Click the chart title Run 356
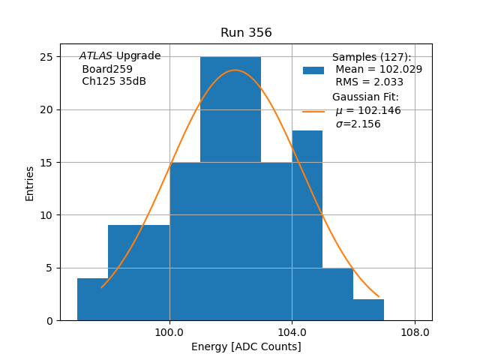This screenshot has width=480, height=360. tap(246, 33)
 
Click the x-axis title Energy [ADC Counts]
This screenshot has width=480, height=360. tap(246, 346)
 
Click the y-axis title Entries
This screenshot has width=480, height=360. tap(30, 183)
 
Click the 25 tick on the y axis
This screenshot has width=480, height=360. tap(46, 57)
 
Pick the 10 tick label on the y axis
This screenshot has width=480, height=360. tap(46, 215)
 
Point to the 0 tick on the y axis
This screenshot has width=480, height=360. tap(49, 320)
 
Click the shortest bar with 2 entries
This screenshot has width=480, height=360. tap(368, 310)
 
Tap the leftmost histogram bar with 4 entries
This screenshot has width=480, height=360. tap(92, 299)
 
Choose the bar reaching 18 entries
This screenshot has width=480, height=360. tap(307, 225)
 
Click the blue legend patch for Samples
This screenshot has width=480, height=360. tap(313, 70)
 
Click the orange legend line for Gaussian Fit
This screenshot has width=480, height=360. tap(313, 112)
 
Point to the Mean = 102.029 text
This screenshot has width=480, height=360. tap(378, 70)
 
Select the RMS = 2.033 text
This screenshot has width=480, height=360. tap(369, 82)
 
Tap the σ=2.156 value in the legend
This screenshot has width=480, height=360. tap(358, 124)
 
